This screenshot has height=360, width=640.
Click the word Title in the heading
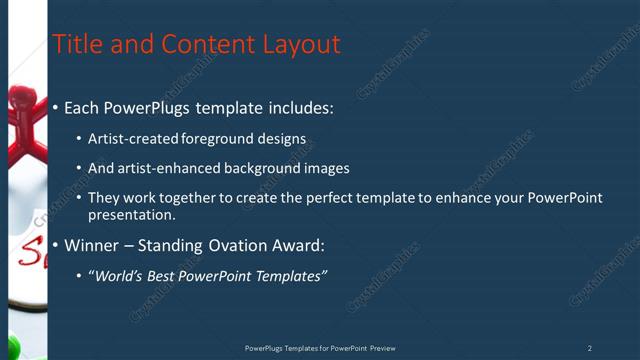click(x=77, y=44)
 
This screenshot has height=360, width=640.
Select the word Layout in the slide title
click(x=301, y=44)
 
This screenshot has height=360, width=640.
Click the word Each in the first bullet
click(x=84, y=107)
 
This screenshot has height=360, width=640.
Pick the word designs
click(x=282, y=139)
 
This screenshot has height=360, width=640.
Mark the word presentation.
click(x=131, y=215)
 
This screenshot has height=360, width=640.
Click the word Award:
click(x=301, y=245)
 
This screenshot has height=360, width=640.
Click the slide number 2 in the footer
click(x=589, y=348)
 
